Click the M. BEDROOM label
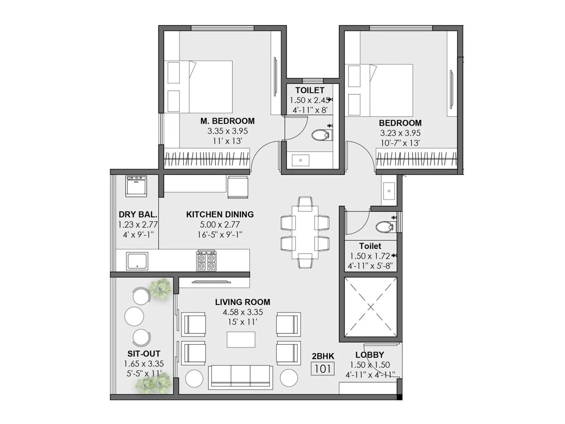[x=227, y=121]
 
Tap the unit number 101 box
[x=322, y=369]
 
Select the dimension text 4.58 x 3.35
[x=243, y=312]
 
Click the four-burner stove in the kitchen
[x=207, y=261]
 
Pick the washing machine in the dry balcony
[x=136, y=186]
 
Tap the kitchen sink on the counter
[x=137, y=261]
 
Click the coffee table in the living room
[x=241, y=340]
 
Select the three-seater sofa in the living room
[x=240, y=377]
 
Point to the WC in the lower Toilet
[x=385, y=227]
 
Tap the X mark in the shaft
[x=370, y=307]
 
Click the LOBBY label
[x=370, y=355]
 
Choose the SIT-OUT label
[x=144, y=354]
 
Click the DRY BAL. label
[x=138, y=214]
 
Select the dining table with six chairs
[x=305, y=232]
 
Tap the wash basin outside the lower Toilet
[x=389, y=191]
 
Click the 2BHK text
[x=323, y=356]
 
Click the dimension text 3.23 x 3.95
[x=400, y=133]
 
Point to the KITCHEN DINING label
[x=220, y=214]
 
